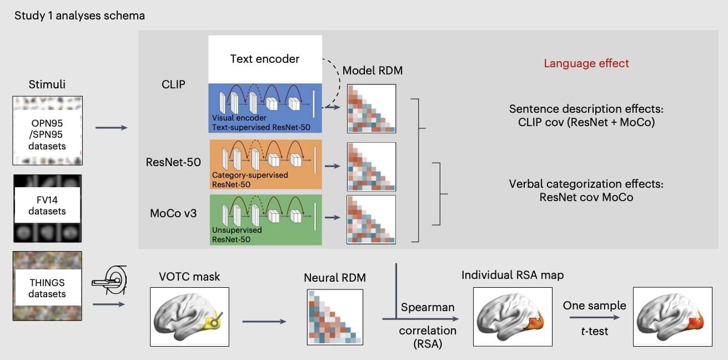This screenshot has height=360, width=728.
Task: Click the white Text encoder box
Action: pos(265,59)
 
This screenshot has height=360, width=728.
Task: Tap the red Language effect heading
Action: pos(586,63)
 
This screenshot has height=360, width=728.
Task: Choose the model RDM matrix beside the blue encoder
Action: pos(371,108)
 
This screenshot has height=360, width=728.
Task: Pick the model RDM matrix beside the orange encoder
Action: pos(371,167)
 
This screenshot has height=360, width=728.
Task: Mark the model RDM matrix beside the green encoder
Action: pos(371,219)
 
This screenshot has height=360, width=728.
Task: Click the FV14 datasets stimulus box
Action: pos(47,208)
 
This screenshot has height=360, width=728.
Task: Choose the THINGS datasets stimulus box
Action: pos(47,286)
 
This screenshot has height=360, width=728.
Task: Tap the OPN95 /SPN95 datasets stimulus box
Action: pos(47,131)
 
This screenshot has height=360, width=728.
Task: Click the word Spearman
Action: pos(428,307)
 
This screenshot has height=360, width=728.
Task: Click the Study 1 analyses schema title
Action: pos(79,15)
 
